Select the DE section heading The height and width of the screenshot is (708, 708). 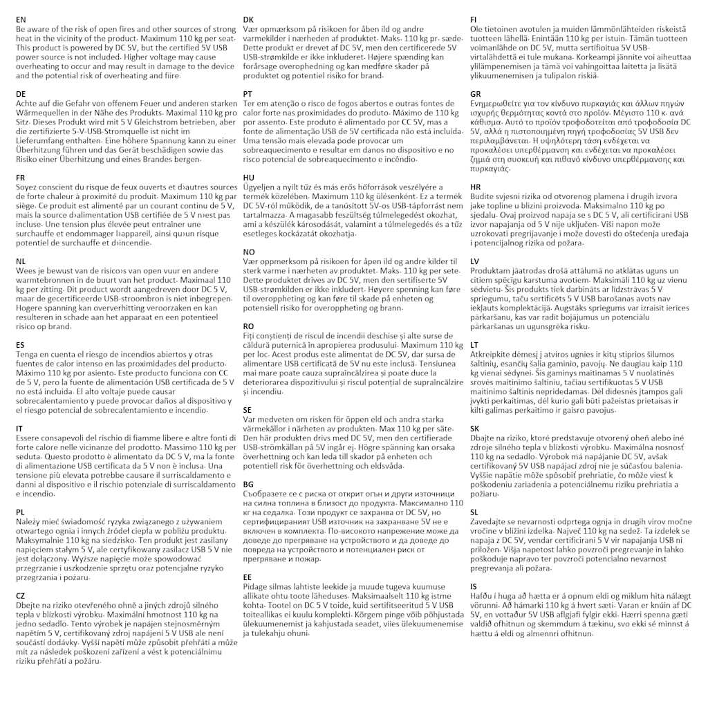click(x=21, y=93)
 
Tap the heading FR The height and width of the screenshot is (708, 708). click(x=21, y=178)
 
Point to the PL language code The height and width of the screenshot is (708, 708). click(x=21, y=512)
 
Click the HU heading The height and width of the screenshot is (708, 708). click(x=249, y=178)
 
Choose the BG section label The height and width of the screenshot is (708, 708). click(x=249, y=484)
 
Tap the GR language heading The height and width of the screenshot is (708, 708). click(x=476, y=93)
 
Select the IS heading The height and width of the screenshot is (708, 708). click(x=474, y=586)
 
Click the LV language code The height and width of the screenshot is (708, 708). click(x=475, y=261)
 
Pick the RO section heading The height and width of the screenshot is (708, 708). click(x=249, y=326)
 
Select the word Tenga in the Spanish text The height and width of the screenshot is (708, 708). click(x=29, y=355)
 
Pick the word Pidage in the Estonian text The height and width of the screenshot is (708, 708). click(x=258, y=586)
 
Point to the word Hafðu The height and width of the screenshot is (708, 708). click(x=483, y=596)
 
